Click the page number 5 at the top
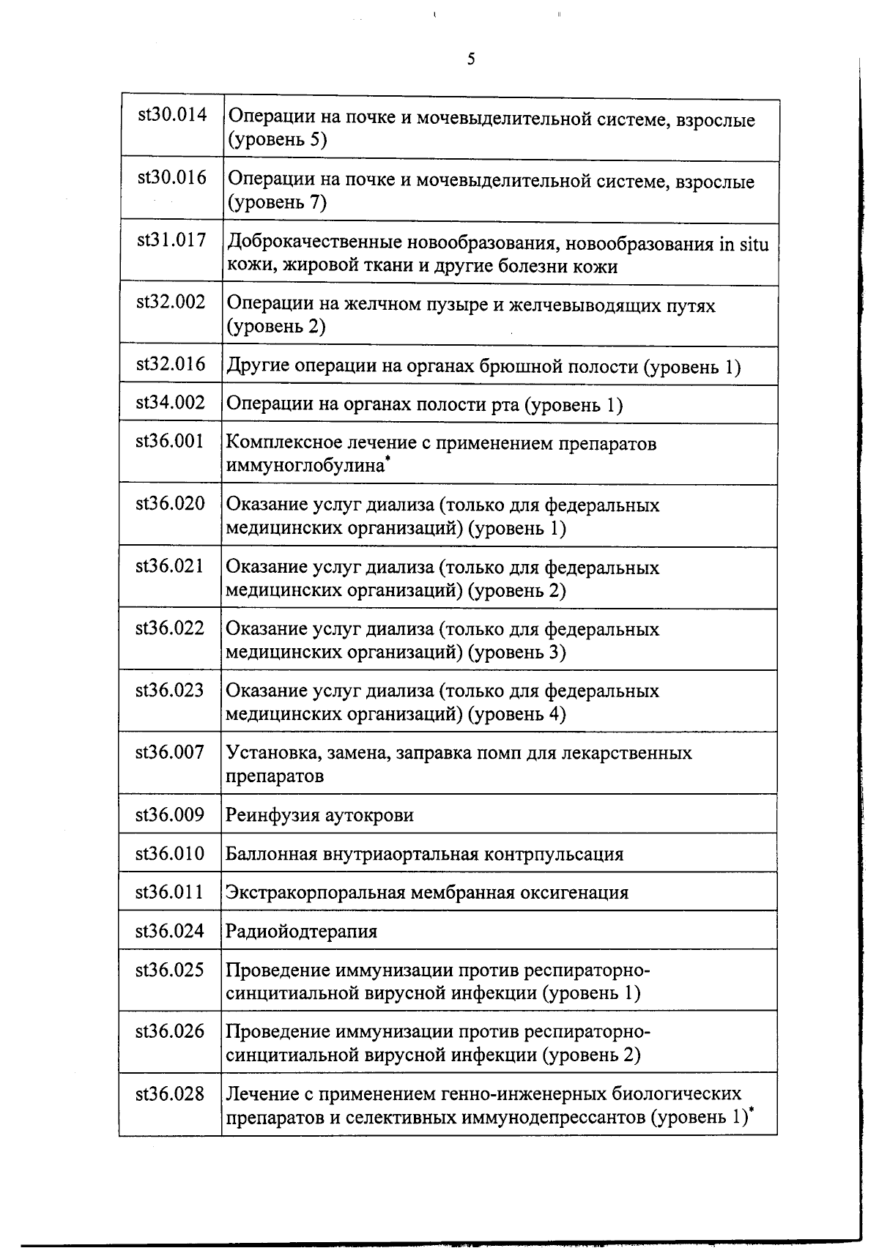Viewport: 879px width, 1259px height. [x=470, y=59]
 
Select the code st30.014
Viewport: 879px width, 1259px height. [x=172, y=115]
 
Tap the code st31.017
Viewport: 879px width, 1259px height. [x=171, y=239]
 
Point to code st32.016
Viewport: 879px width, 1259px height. [x=171, y=364]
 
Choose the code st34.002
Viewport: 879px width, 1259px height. [x=171, y=402]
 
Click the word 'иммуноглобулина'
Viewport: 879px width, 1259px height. [x=305, y=465]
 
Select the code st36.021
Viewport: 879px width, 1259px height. [x=170, y=565]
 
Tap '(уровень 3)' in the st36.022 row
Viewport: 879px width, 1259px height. [x=517, y=651]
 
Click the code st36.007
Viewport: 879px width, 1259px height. [x=170, y=751]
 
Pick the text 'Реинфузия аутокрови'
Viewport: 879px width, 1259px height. [x=319, y=815]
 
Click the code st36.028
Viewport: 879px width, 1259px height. [x=170, y=1093]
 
